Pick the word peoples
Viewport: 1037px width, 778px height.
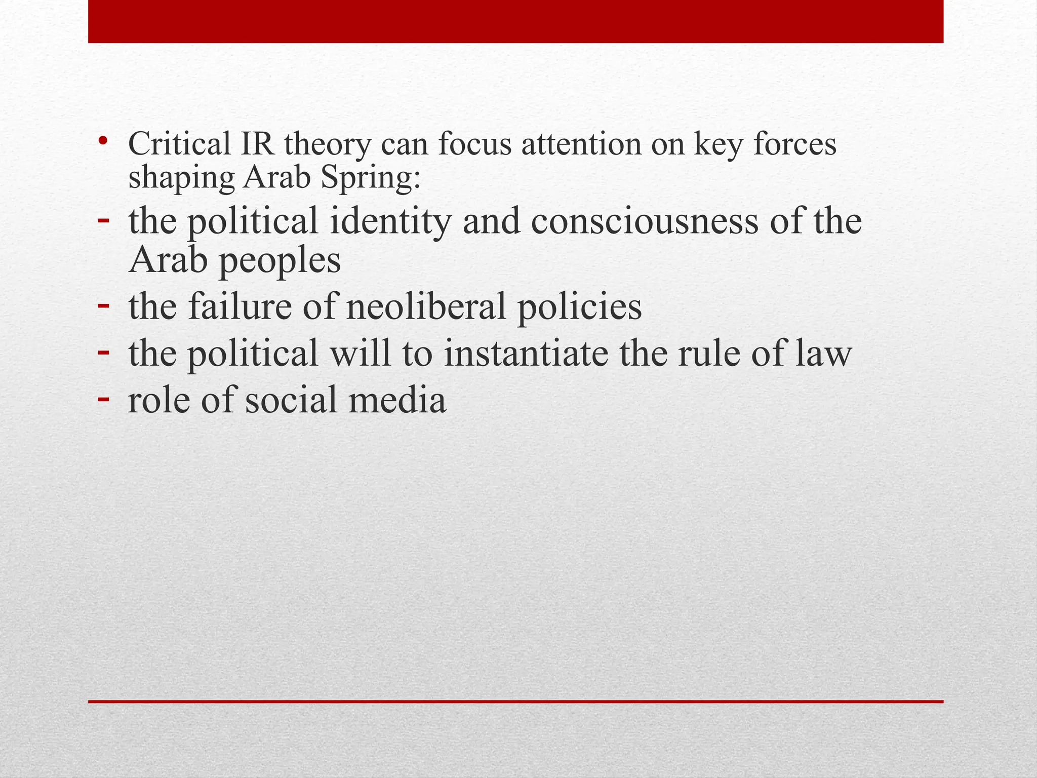279,262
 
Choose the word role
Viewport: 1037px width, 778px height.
158,400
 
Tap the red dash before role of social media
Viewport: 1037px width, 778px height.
103,398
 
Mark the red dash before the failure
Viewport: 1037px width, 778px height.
103,305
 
